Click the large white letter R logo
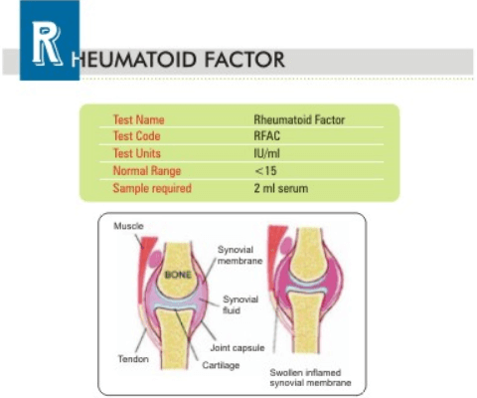coord(47,43)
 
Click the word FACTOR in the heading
coord(244,60)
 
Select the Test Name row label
coord(139,119)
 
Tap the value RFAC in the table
coord(267,136)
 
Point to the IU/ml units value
coord(267,153)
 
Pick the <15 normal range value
coord(265,171)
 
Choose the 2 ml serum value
coord(281,188)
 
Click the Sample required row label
coord(152,188)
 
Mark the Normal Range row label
coord(147,171)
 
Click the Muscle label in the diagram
coord(128,226)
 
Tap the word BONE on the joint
coord(178,275)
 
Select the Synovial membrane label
coord(240,255)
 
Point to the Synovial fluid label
coord(240,304)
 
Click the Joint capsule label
coord(238,348)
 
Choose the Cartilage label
coord(221,365)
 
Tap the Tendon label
coord(133,359)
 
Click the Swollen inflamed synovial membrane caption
coord(310,378)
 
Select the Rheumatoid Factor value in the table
coord(299,119)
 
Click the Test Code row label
coord(137,136)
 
